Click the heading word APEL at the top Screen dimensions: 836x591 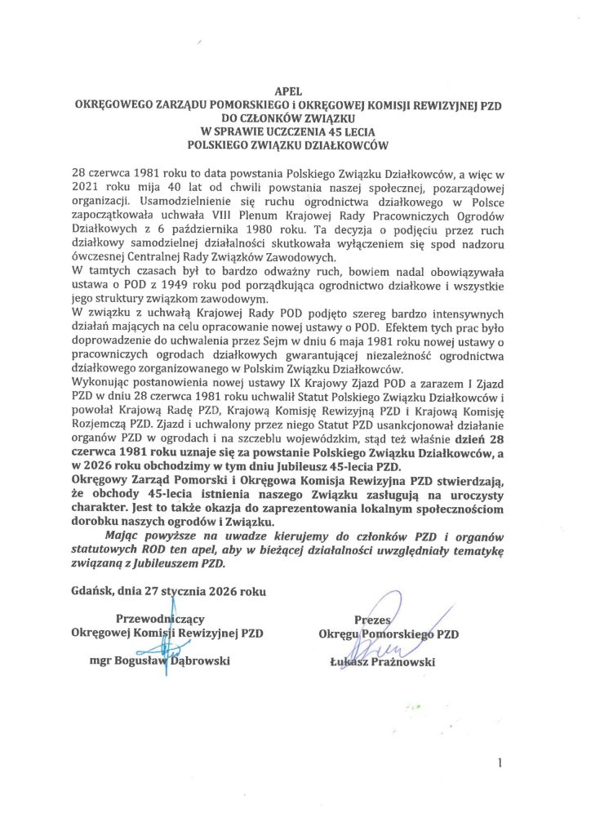coord(295,93)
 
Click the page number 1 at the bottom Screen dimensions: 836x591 coord(498,763)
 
